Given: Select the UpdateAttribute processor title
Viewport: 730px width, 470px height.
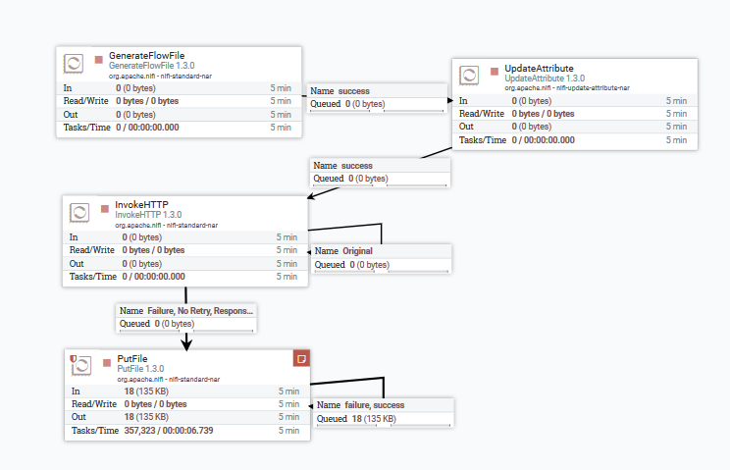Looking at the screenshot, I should coord(539,68).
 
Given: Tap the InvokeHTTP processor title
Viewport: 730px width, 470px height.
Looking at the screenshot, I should coord(141,204).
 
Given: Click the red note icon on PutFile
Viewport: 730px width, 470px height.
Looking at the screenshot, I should coord(302,358).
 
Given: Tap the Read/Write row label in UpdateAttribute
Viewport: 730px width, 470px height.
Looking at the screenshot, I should coord(483,114).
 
